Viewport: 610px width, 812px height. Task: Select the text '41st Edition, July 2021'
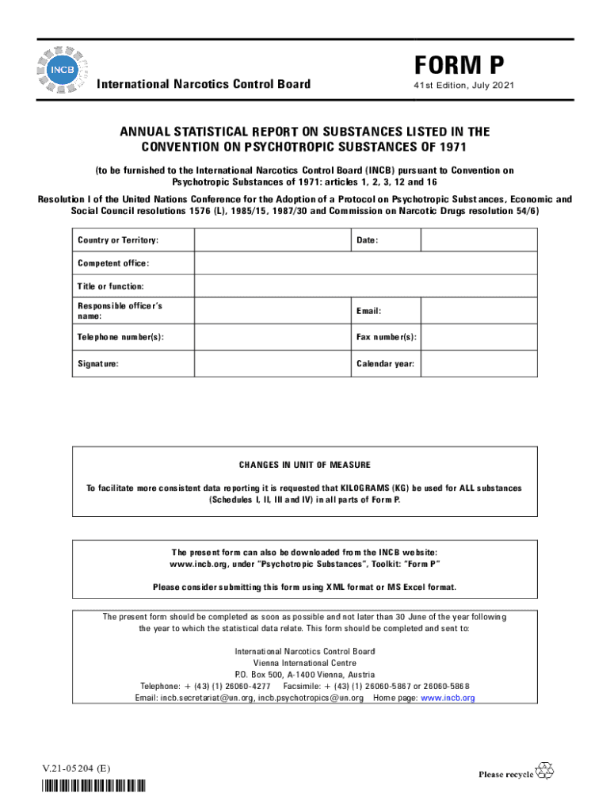(x=456, y=85)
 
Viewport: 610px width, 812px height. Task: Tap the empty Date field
(x=478, y=240)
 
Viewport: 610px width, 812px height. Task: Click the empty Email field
(x=478, y=311)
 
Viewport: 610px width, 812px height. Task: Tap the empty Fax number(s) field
(x=478, y=338)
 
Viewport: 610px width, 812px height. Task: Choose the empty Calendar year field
(x=478, y=364)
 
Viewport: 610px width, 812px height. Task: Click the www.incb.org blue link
(x=448, y=698)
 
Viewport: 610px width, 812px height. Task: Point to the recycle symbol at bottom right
(x=545, y=770)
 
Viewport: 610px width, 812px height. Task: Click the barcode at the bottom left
(x=94, y=787)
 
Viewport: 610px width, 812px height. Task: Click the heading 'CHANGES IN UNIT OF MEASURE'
(x=304, y=465)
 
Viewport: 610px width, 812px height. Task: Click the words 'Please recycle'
(x=505, y=774)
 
